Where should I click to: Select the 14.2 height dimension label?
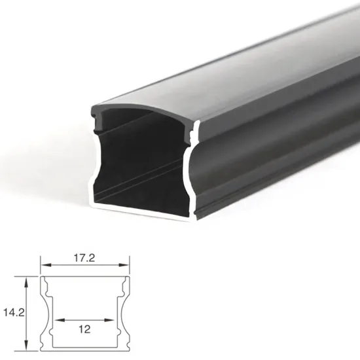click(x=11, y=312)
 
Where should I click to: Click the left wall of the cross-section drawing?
click(x=45, y=314)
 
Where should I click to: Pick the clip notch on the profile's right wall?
click(x=191, y=136)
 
